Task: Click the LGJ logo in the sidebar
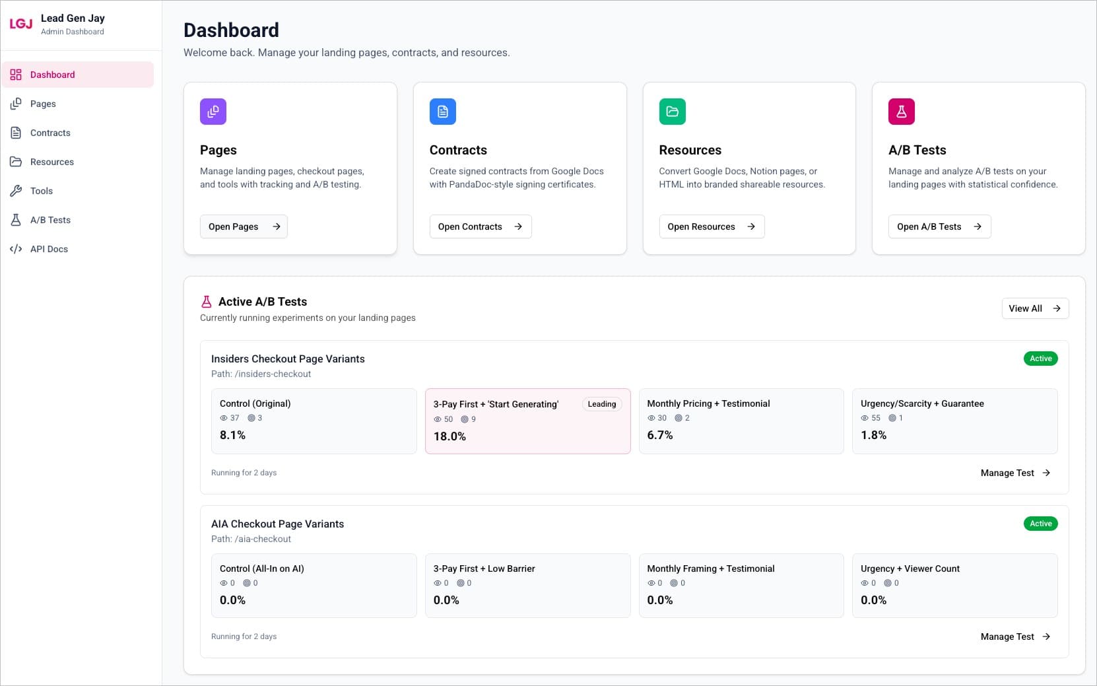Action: [20, 24]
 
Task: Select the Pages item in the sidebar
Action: [43, 104]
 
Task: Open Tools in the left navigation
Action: [41, 191]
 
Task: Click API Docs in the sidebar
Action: [49, 249]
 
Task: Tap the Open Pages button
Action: [244, 226]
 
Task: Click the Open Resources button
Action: [711, 226]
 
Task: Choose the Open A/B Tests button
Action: [939, 226]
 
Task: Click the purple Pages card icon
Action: [213, 112]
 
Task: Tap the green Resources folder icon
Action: [672, 112]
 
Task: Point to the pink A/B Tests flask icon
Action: [901, 112]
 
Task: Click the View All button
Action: [1034, 308]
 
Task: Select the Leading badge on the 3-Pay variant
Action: [601, 404]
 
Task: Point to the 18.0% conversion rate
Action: [449, 436]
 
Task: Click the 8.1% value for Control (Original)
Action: [232, 435]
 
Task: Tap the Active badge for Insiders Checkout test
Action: [1040, 359]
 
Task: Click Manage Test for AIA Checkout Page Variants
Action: [1014, 636]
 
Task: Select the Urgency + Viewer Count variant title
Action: [910, 568]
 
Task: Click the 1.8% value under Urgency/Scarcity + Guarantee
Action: [873, 435]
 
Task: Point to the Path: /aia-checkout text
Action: [251, 539]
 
